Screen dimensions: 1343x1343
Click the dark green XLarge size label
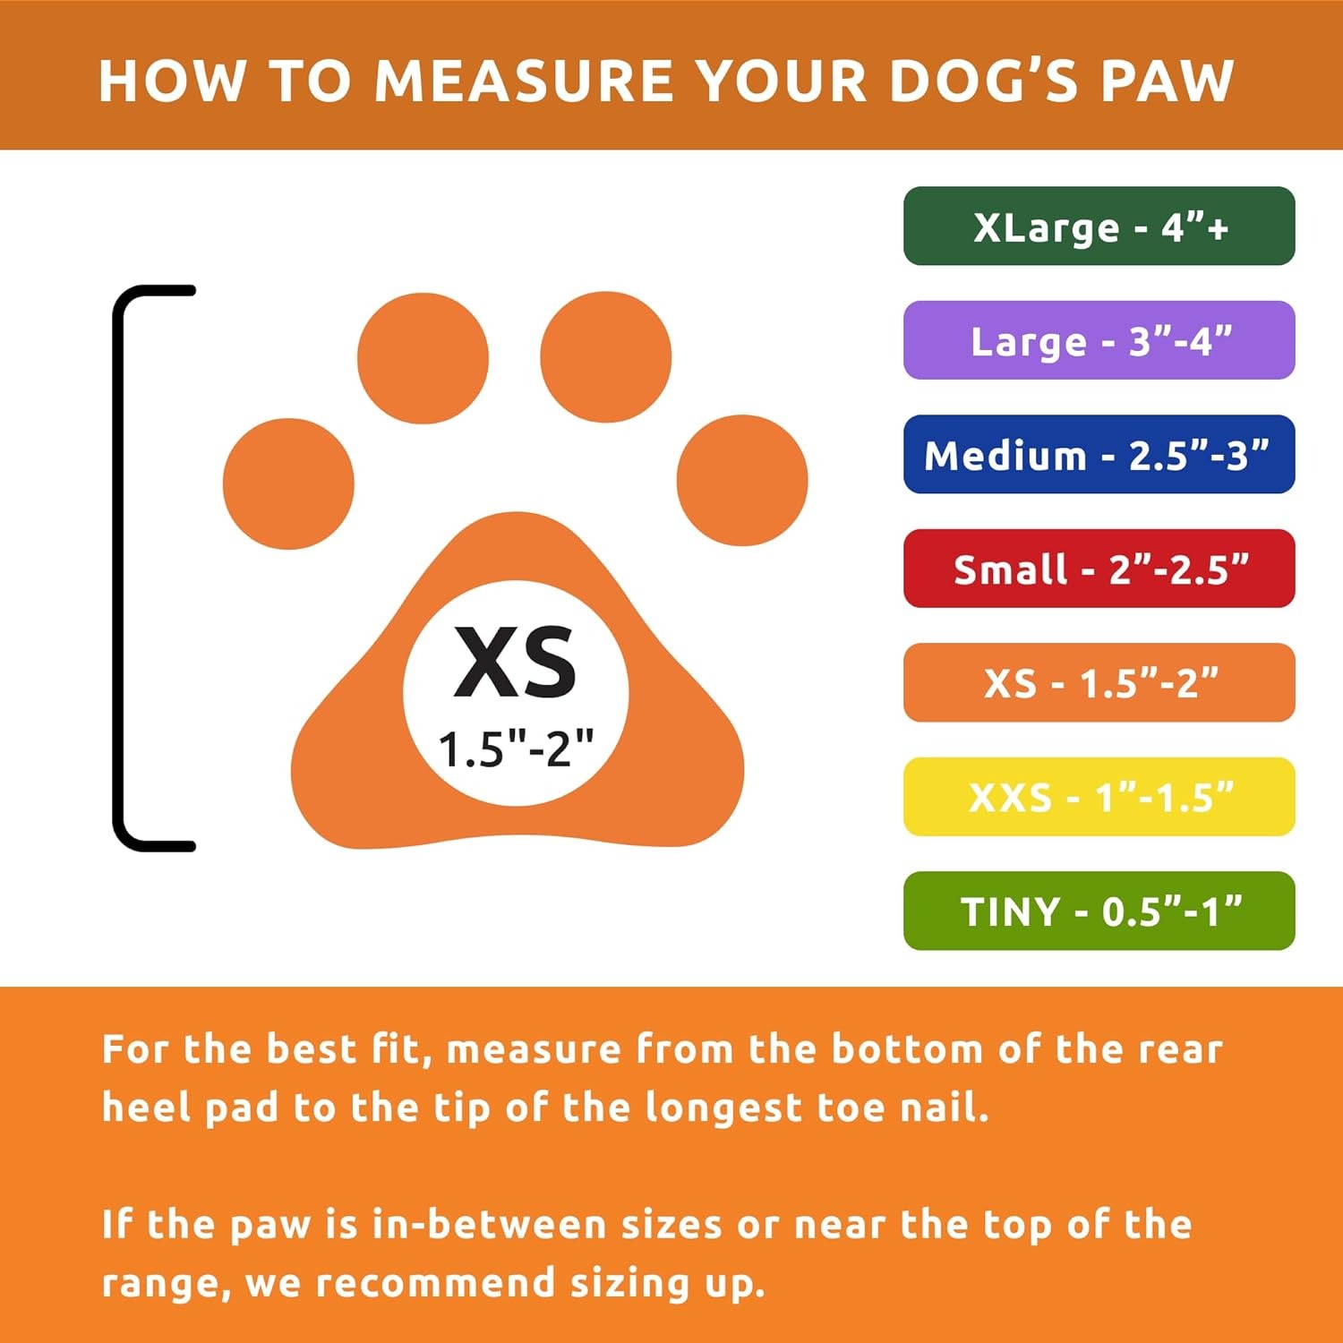(x=1099, y=227)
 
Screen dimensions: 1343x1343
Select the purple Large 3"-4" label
(x=1099, y=340)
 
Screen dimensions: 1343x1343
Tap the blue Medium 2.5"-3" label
(x=1099, y=455)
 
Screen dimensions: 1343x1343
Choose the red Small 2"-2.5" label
(x=1099, y=569)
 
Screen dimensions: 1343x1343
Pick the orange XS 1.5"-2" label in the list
(x=1099, y=682)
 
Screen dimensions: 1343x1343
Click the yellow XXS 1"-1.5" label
(x=1099, y=797)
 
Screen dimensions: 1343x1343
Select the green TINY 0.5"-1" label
(x=1099, y=911)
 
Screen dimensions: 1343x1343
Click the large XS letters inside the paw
(x=515, y=663)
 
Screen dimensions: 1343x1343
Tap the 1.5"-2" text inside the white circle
(x=516, y=748)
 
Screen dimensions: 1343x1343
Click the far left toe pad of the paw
(x=288, y=483)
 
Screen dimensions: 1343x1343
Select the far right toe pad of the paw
(x=742, y=480)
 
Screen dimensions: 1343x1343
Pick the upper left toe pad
(x=423, y=358)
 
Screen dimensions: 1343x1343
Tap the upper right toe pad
(x=605, y=356)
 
